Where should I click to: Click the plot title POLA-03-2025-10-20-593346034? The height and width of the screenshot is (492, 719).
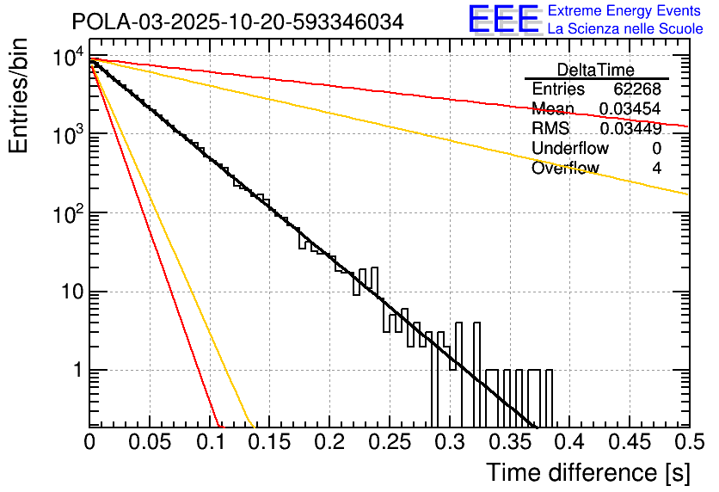237,22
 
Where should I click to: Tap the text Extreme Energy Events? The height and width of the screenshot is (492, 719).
625,11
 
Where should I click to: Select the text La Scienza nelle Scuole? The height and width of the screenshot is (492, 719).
625,28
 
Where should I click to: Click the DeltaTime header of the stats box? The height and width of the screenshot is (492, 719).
596,70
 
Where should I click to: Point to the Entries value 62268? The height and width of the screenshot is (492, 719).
636,89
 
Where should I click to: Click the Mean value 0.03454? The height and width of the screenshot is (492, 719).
630,109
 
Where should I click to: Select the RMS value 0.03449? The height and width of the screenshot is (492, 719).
630,129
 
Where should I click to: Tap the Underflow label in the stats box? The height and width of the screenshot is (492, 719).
570,149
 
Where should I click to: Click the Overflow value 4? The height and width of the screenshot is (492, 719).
656,169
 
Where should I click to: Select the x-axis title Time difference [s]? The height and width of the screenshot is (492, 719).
587,472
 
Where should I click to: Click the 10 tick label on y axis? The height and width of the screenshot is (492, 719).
69,292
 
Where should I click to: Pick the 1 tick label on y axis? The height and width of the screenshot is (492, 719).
76,371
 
